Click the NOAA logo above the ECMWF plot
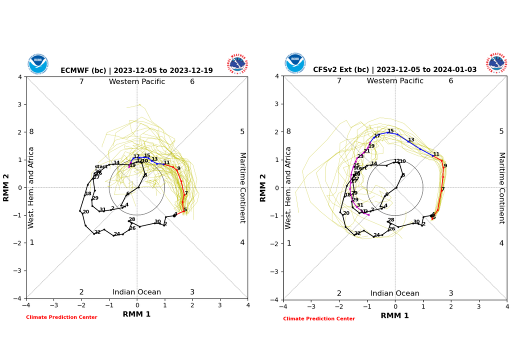(x=38, y=63)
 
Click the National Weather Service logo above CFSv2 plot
(x=497, y=63)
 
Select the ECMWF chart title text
(x=136, y=71)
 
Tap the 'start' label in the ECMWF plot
(x=101, y=166)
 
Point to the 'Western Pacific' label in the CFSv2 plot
(x=395, y=81)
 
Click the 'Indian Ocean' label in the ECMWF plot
(x=136, y=292)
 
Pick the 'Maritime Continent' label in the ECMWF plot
(x=242, y=187)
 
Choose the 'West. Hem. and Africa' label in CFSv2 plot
(x=288, y=188)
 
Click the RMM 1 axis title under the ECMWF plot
(x=136, y=314)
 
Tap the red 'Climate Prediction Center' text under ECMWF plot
(x=61, y=317)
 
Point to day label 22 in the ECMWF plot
(x=97, y=232)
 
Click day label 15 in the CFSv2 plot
(x=390, y=130)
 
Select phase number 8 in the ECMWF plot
(x=31, y=132)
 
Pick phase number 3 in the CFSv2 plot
(x=450, y=293)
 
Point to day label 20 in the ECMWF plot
(x=86, y=212)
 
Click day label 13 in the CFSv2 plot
(x=411, y=140)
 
